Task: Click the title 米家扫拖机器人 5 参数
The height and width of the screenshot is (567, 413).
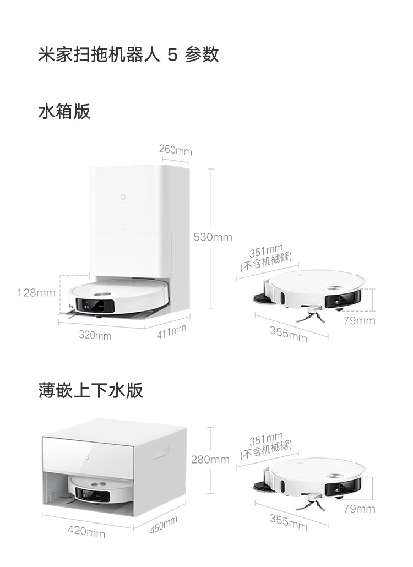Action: (x=128, y=55)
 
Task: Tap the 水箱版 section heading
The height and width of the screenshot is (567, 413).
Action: (x=64, y=112)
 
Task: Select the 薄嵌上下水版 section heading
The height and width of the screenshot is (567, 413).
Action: (x=91, y=390)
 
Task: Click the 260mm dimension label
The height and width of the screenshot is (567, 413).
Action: (x=175, y=150)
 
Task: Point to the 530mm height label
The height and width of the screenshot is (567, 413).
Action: (x=213, y=237)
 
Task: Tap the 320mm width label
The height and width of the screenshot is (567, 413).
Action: (x=95, y=335)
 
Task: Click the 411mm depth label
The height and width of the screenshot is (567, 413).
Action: (x=171, y=331)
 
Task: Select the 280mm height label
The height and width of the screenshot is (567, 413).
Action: (x=210, y=459)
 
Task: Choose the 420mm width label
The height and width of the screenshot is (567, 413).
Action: (x=86, y=532)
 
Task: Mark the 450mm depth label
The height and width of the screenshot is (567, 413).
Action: (x=164, y=525)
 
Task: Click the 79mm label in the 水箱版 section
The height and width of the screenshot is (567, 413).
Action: (x=359, y=320)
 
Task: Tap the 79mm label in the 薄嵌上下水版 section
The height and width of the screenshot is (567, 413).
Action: (x=359, y=509)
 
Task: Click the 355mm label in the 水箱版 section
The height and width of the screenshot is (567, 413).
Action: (x=289, y=333)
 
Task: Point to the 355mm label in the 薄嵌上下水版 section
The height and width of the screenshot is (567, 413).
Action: (x=289, y=521)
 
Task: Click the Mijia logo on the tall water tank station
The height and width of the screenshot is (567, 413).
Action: (x=123, y=195)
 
